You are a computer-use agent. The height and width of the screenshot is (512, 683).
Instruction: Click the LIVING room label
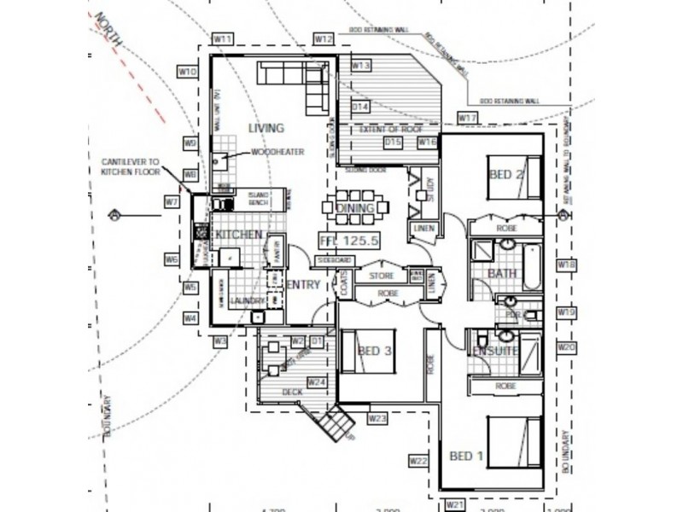coord(265,128)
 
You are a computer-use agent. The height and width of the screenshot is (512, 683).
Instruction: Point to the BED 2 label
coord(506,175)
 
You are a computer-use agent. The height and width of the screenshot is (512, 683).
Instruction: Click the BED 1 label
coord(467,457)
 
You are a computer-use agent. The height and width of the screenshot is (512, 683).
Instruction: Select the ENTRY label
coord(303,284)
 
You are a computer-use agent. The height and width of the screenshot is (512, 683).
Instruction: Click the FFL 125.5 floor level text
coord(348,240)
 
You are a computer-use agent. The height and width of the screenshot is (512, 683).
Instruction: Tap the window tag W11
coord(224,39)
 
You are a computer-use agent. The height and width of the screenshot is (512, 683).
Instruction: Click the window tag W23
coord(379,418)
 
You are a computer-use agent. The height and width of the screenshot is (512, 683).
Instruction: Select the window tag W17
coord(467,117)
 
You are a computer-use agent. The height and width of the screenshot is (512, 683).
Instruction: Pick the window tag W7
coord(172,202)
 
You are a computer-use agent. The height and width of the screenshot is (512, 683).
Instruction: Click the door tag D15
coord(393,141)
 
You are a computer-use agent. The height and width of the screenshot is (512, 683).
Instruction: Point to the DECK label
coord(292,392)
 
